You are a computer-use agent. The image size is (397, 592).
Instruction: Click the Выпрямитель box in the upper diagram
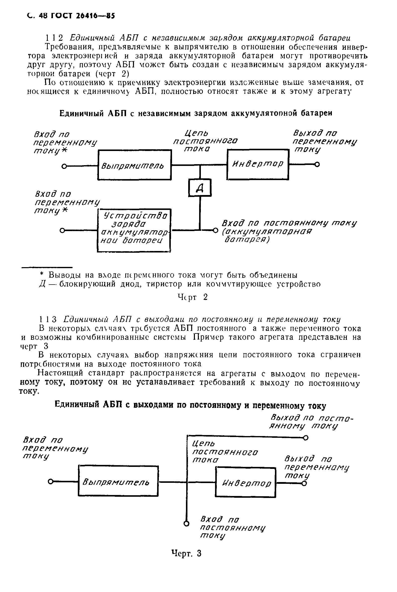coord(134,165)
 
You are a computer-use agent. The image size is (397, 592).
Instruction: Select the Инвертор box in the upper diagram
coord(258,164)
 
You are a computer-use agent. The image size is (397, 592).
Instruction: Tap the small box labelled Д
coord(200,188)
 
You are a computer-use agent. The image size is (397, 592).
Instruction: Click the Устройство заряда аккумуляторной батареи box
coord(134,230)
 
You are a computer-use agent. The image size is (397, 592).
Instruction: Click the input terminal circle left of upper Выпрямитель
coord(64,166)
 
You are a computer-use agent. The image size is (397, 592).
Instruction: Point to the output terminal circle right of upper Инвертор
coord(317,165)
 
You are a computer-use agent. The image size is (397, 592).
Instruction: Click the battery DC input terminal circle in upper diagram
coord(216,230)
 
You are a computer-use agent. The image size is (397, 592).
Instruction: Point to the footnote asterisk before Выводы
coord(42,275)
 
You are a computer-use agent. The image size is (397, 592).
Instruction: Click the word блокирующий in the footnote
coord(87,285)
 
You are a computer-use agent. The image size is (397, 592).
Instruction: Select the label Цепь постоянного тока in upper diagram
coord(205,141)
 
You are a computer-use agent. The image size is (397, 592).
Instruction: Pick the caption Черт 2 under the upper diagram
coord(193,297)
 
